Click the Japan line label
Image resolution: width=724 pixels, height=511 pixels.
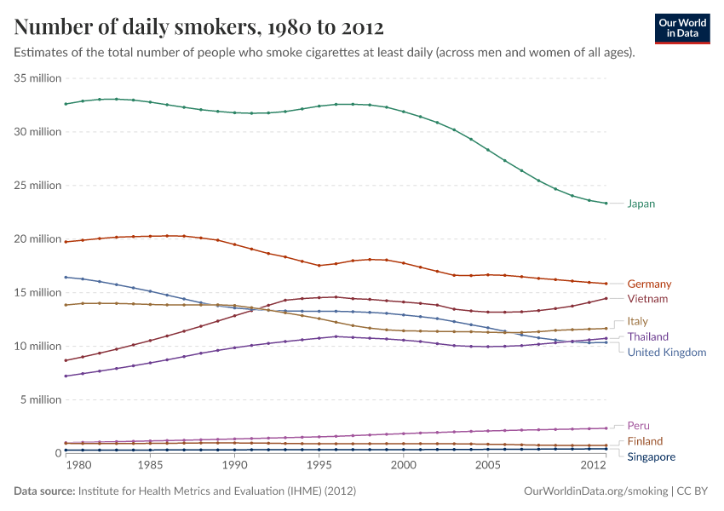[641, 204]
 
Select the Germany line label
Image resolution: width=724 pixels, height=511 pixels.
[649, 284]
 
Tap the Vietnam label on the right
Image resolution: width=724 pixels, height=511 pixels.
[647, 299]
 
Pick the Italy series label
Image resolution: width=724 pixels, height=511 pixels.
[637, 321]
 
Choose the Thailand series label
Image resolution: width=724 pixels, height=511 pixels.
[647, 337]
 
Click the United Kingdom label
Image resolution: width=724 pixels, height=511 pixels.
[666, 353]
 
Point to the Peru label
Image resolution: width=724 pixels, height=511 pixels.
[638, 425]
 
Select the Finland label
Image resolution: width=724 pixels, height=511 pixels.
[645, 441]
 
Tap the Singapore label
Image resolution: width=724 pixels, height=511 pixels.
[651, 457]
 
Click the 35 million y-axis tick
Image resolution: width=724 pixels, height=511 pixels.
[38, 78]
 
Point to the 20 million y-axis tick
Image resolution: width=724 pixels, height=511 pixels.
[38, 238]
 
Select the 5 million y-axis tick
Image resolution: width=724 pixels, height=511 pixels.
[41, 399]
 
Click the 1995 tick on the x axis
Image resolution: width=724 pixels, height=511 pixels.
[319, 466]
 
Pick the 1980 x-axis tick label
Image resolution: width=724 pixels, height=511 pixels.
[78, 466]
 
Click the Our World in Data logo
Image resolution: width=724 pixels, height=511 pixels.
[682, 28]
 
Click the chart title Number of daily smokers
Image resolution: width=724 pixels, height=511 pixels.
[198, 27]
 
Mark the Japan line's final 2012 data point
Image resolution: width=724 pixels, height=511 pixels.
[606, 203]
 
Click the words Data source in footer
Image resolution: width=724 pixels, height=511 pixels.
[44, 491]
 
